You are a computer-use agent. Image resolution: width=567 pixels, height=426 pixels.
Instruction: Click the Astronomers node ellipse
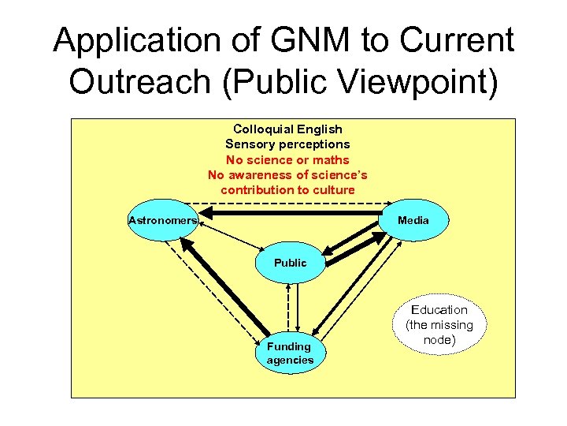pyautogui.click(x=161, y=220)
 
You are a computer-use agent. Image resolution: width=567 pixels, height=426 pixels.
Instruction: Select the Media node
pyautogui.click(x=413, y=220)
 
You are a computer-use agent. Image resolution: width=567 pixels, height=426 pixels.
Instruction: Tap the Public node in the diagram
pyautogui.click(x=290, y=263)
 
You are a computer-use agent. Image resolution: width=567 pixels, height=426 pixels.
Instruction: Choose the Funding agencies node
pyautogui.click(x=289, y=353)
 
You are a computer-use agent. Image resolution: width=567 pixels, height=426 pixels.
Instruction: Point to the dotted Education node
pyautogui.click(x=439, y=324)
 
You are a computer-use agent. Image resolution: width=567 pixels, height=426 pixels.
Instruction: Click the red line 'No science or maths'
pyautogui.click(x=287, y=159)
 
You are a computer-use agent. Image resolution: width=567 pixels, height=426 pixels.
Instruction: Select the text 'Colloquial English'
pyautogui.click(x=287, y=129)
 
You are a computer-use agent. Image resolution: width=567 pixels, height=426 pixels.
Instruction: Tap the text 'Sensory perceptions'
pyautogui.click(x=287, y=144)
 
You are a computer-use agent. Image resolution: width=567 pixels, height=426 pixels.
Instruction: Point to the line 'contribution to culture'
pyautogui.click(x=287, y=190)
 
